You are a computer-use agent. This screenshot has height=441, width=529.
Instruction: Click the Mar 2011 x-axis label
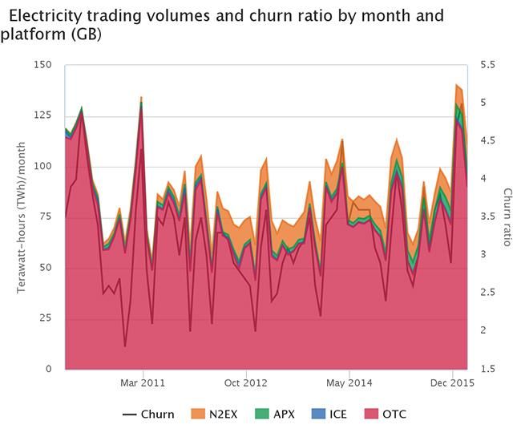[x=143, y=383]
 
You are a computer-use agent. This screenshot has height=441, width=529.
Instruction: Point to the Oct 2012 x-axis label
[x=246, y=383]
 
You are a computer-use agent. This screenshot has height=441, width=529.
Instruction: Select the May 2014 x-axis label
[x=349, y=383]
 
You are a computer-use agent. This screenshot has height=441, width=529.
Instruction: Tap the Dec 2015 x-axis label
[x=453, y=383]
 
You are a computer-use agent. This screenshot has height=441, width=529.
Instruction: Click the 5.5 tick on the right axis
[x=487, y=65]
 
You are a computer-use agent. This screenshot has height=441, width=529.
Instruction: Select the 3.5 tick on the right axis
[x=487, y=217]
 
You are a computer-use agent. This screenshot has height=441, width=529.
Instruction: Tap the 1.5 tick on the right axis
[x=487, y=369]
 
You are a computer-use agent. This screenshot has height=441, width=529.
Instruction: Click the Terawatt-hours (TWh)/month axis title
[x=22, y=217]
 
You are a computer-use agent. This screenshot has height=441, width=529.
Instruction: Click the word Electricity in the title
[x=50, y=15]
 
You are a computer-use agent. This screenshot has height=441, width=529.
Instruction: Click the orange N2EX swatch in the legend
[x=200, y=415]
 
